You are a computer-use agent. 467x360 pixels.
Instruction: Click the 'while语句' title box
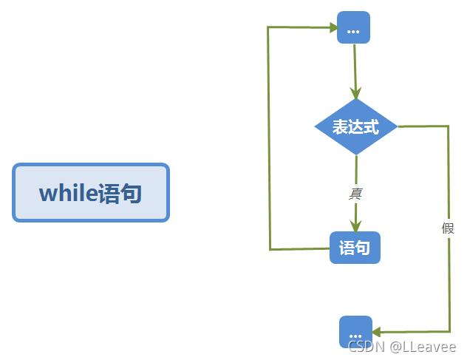(91, 193)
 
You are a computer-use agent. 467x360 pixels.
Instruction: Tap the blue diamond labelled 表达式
(355, 126)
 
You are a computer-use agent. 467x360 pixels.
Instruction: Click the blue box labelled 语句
(355, 248)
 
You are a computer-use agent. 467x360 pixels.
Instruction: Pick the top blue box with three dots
(353, 28)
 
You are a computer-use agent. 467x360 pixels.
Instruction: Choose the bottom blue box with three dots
(355, 332)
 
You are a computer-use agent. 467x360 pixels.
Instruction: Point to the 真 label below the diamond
(355, 194)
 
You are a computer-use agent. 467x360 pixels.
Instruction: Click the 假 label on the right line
(448, 228)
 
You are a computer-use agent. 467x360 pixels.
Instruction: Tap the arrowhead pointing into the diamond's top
(355, 93)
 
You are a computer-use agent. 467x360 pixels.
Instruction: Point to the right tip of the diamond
(397, 126)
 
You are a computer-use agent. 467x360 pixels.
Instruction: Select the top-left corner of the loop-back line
(269, 27)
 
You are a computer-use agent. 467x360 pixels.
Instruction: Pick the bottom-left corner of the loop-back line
(270, 249)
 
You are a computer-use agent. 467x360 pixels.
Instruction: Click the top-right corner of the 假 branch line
(448, 126)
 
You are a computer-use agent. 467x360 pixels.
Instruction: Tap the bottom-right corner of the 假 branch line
(449, 332)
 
